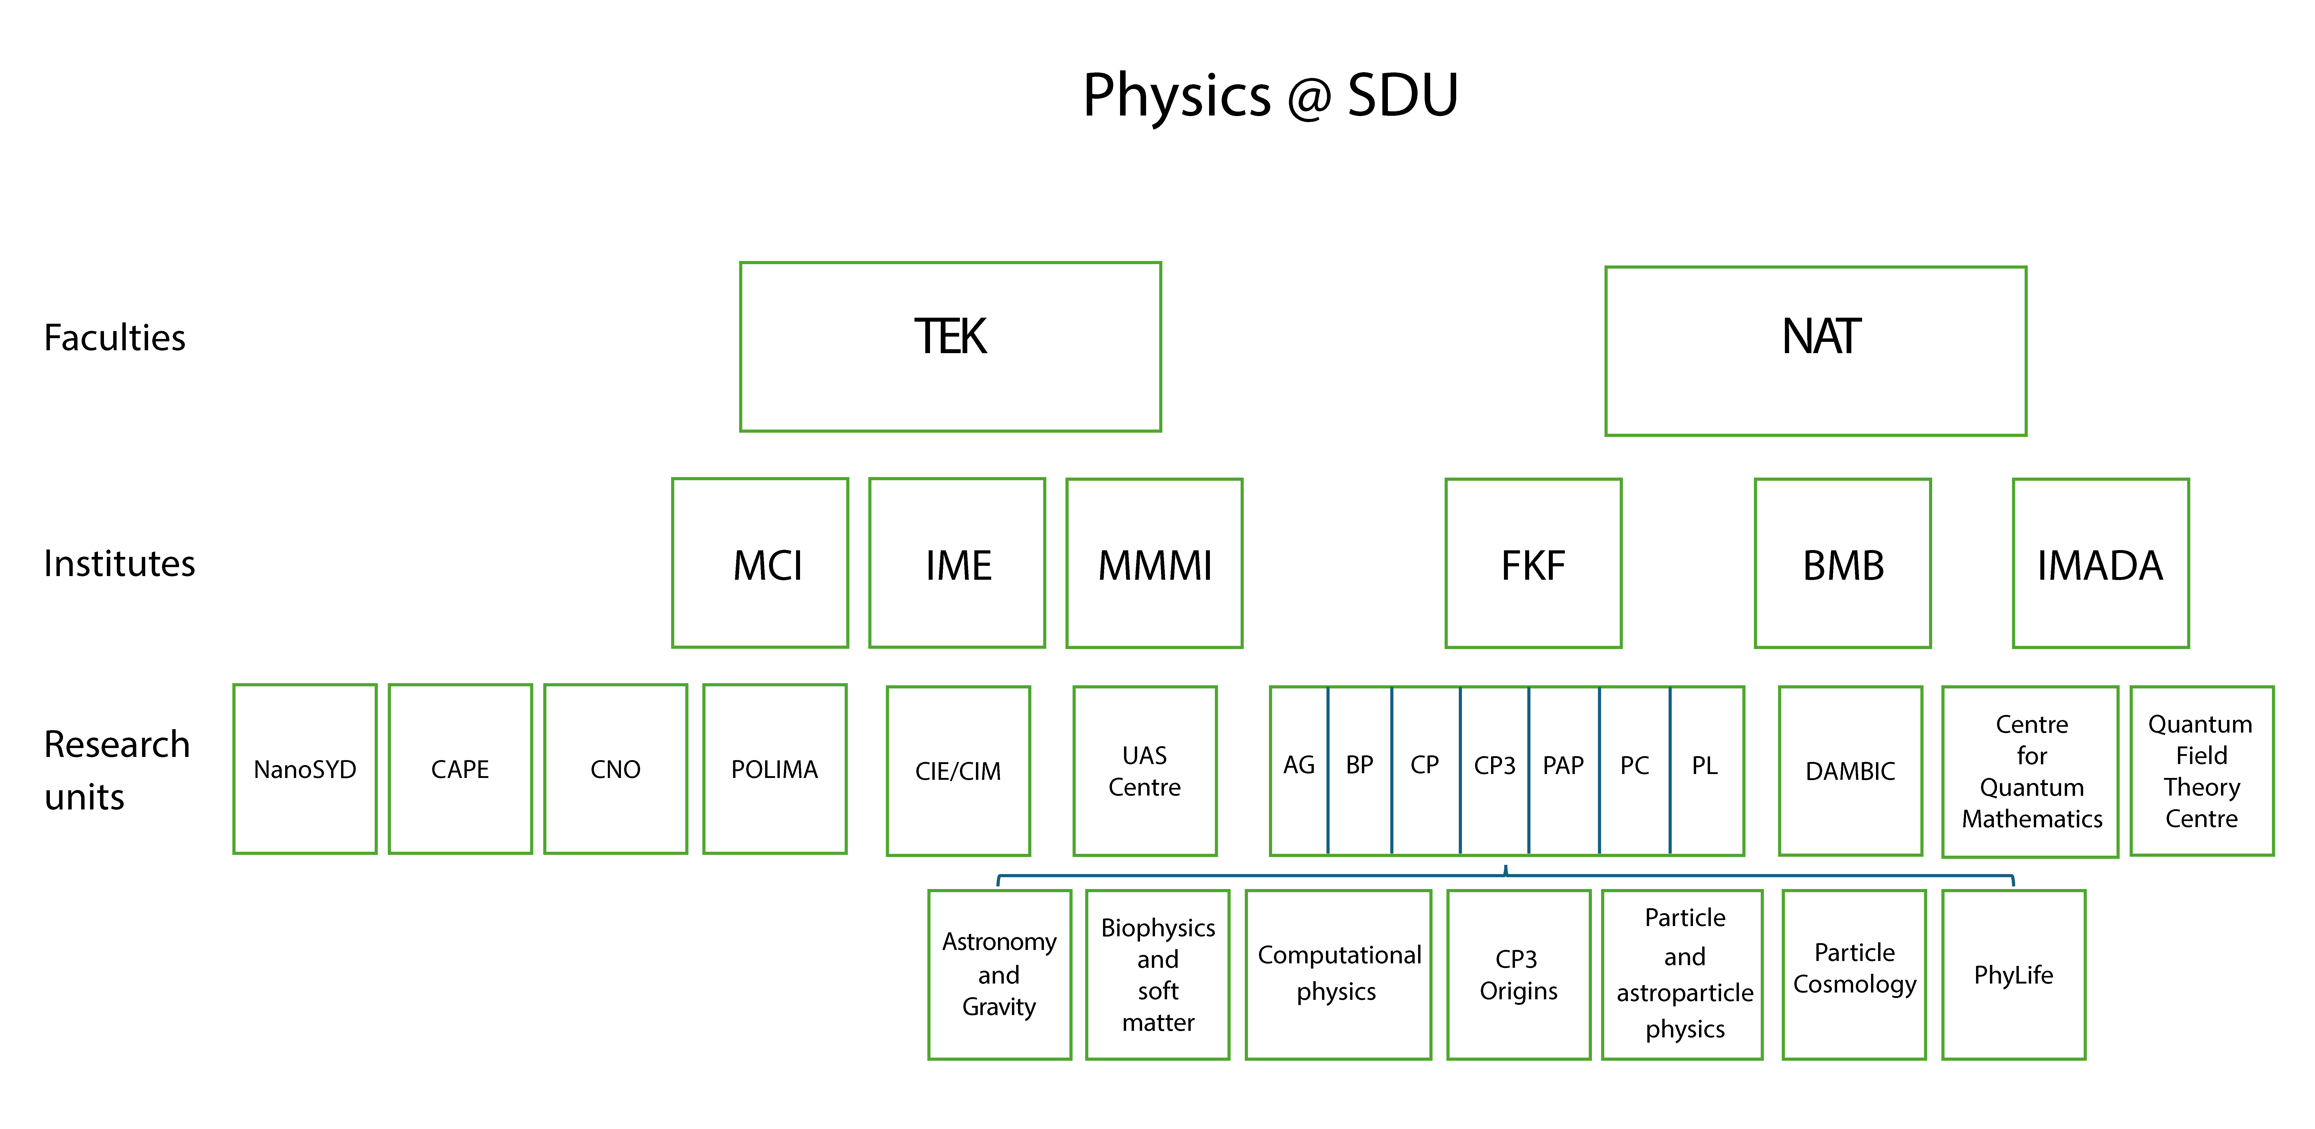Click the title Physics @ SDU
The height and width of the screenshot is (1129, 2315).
(1270, 95)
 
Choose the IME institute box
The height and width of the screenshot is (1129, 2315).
(957, 563)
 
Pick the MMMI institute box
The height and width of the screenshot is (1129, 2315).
(1154, 563)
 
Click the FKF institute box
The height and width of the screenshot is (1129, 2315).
(1533, 563)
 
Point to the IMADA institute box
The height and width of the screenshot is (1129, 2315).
(2100, 563)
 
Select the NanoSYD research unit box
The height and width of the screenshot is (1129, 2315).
(305, 769)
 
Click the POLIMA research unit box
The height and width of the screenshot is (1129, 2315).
(775, 769)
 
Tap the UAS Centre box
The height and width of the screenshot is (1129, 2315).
(1145, 770)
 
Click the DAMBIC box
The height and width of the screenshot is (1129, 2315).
(1850, 770)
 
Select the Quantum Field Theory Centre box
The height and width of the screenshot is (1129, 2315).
(2202, 770)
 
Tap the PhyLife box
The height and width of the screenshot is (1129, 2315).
(2013, 974)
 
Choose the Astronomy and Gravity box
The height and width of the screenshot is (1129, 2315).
(999, 974)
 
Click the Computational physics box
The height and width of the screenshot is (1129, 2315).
(1338, 974)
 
